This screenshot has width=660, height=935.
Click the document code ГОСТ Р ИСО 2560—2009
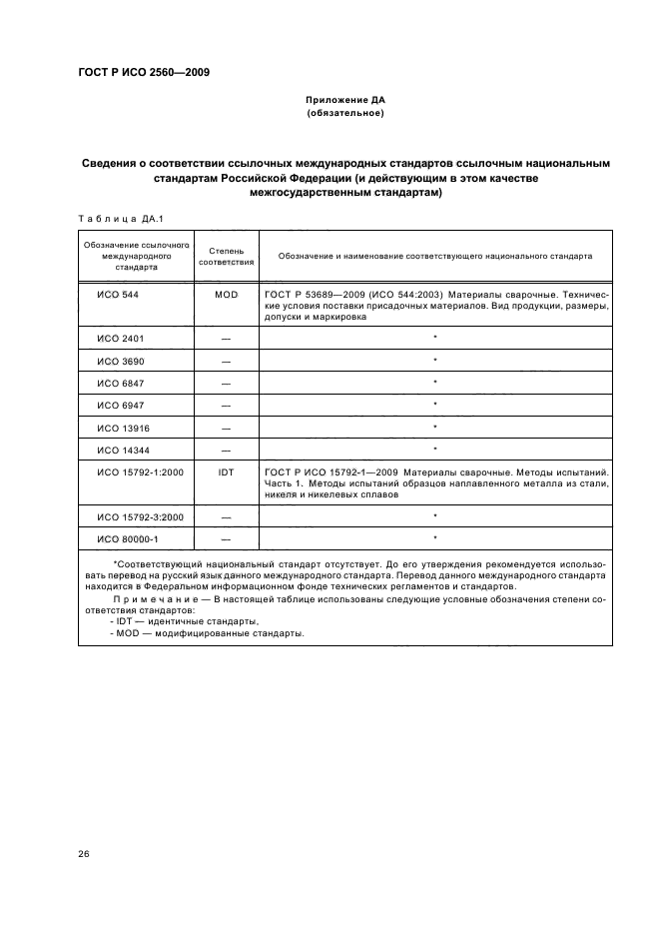pos(144,71)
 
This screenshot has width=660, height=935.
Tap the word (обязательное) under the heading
pos(344,114)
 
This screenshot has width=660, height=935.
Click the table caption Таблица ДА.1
pos(113,219)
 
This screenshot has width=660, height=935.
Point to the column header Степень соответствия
pos(226,256)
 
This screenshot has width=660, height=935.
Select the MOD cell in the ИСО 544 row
pos(226,296)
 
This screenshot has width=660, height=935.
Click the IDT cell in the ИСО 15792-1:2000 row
pos(226,470)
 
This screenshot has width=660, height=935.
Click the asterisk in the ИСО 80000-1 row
pos(435,539)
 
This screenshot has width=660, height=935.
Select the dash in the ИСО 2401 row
pos(226,339)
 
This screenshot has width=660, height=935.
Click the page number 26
pos(84,853)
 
